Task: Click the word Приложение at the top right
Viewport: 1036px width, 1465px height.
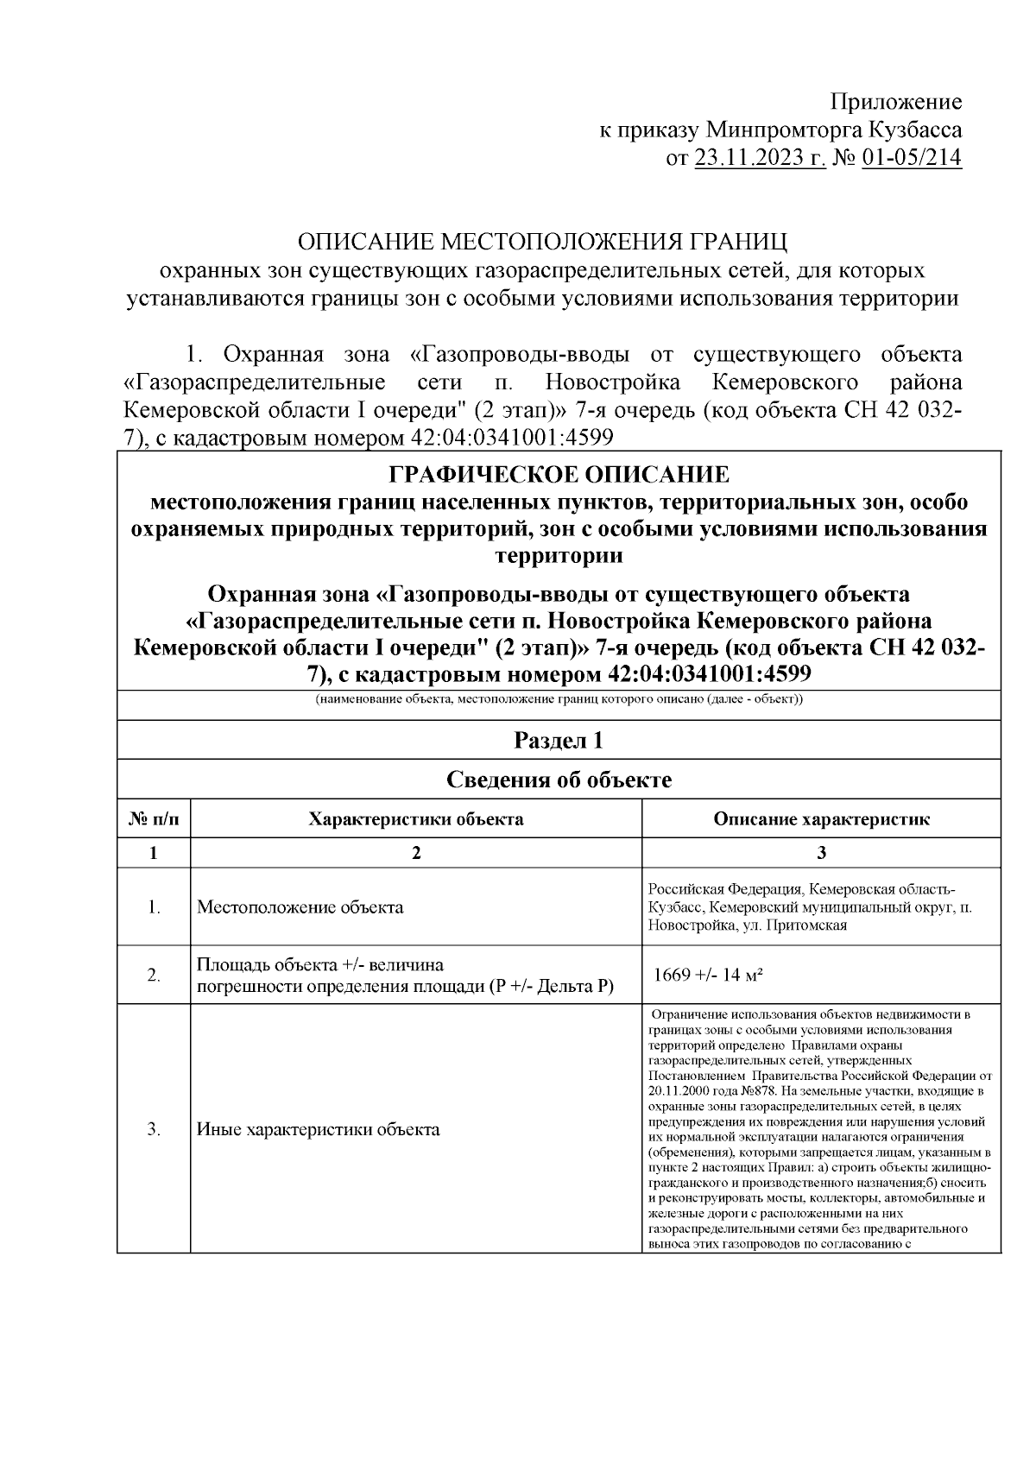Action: [x=895, y=103]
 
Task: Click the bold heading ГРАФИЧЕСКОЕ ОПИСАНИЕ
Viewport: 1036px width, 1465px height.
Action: [x=559, y=475]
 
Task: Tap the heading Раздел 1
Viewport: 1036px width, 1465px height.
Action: [x=559, y=740]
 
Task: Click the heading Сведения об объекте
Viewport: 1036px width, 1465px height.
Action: [x=559, y=780]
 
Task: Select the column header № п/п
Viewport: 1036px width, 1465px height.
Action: [x=154, y=819]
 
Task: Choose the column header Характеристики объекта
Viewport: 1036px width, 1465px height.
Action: [x=416, y=819]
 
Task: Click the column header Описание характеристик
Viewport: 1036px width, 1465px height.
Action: [x=821, y=819]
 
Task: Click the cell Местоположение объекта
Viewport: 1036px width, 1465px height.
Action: [x=300, y=907]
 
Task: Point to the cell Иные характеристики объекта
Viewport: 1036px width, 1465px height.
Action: [x=319, y=1129]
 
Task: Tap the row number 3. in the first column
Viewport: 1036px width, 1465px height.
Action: [x=154, y=1129]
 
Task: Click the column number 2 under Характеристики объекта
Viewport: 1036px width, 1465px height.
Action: [x=416, y=853]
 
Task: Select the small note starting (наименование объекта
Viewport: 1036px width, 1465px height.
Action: [x=559, y=699]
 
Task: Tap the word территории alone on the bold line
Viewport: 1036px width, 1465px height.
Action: [x=559, y=555]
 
